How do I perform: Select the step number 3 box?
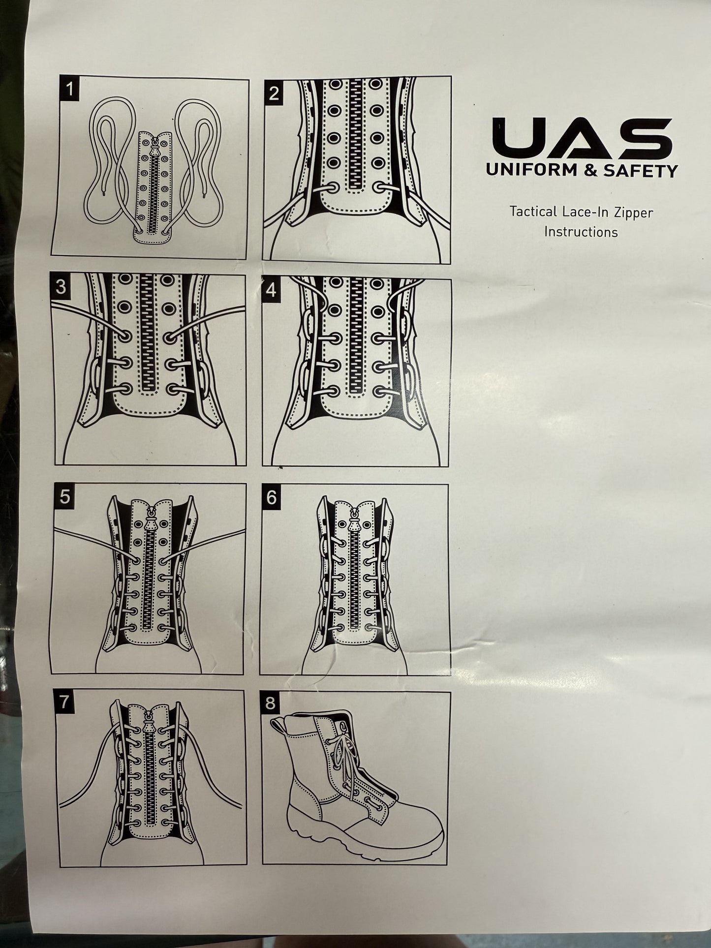[61, 287]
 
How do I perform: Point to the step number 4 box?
[271, 290]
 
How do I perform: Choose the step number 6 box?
[271, 497]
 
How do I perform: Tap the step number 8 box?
[270, 703]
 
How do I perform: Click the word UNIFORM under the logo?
[525, 170]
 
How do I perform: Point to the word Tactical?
[532, 212]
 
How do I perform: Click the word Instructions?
[581, 232]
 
